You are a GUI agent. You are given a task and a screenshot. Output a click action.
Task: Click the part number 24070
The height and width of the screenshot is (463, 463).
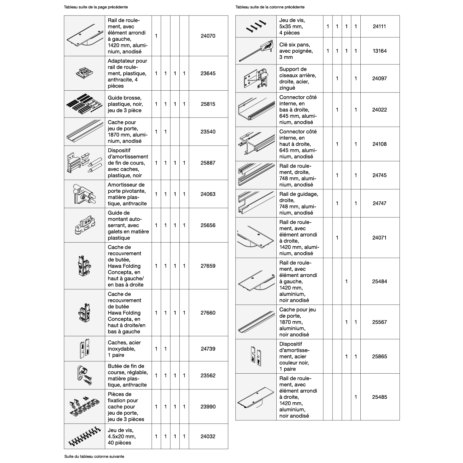208,36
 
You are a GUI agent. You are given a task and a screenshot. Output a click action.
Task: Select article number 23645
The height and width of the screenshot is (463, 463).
208,73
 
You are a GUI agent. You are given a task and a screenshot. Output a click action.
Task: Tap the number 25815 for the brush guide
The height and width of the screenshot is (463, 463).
208,104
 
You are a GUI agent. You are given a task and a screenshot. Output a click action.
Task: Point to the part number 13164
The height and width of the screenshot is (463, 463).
379,51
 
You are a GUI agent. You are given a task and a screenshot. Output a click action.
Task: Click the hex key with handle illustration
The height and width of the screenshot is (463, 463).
256,51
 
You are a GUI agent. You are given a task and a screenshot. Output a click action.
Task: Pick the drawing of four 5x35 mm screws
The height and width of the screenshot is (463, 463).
256,27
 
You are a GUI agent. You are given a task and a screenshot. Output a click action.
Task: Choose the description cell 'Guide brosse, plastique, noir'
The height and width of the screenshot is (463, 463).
125,104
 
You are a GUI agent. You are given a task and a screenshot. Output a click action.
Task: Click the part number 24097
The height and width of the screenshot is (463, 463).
379,78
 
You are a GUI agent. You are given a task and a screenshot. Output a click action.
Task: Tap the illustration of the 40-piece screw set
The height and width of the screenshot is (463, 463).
84,436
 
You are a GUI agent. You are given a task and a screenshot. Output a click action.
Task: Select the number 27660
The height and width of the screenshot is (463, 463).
208,313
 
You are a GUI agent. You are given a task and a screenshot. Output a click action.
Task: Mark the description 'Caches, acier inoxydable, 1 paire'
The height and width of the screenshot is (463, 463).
124,349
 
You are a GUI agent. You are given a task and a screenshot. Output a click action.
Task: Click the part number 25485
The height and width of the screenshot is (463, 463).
379,397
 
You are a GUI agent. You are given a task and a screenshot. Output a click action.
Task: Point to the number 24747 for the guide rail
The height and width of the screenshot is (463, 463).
379,203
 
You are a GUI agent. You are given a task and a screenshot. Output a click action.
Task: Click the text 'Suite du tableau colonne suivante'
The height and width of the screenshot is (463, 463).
94,456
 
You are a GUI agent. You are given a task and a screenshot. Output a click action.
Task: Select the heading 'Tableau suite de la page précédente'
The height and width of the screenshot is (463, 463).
96,7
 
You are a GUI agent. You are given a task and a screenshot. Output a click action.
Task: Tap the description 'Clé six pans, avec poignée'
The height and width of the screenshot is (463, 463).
296,51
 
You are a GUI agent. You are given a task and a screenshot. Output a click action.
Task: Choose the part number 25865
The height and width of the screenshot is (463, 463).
379,356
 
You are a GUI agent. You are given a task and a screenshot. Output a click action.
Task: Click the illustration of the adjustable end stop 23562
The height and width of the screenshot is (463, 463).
84,375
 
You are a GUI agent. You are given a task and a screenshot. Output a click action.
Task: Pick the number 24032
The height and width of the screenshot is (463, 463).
208,436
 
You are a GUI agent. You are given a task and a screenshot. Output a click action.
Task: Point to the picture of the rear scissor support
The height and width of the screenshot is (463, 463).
256,78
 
